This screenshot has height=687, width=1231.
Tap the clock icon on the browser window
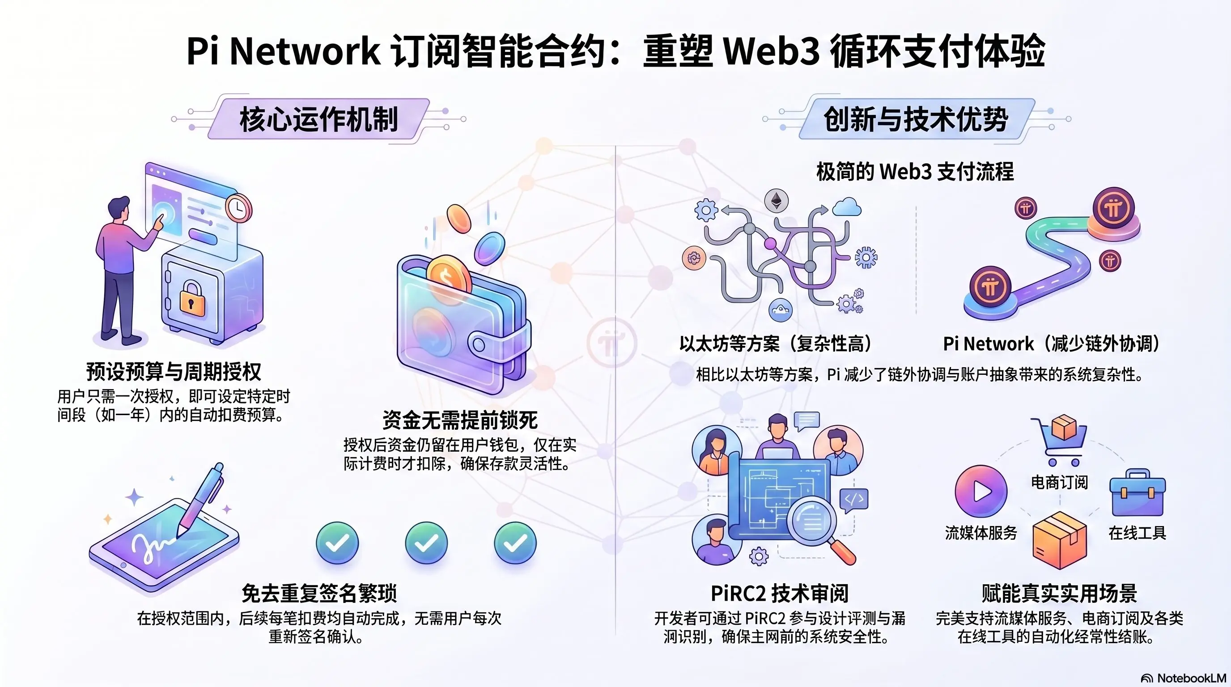(x=238, y=208)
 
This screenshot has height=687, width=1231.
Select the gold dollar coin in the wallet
(x=448, y=276)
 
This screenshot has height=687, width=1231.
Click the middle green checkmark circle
(x=426, y=543)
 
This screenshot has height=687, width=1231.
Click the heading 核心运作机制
(x=319, y=119)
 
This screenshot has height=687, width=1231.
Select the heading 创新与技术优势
(x=916, y=119)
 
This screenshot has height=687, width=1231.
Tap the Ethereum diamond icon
(x=777, y=201)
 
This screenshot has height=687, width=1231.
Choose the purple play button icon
(x=981, y=491)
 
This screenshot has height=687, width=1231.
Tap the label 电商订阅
(x=1059, y=483)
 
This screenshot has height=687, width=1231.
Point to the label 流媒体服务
(x=981, y=533)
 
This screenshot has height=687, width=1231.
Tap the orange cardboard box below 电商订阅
(x=1060, y=540)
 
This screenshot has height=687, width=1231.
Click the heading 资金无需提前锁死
(x=460, y=420)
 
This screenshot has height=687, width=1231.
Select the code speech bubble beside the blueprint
(x=854, y=500)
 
